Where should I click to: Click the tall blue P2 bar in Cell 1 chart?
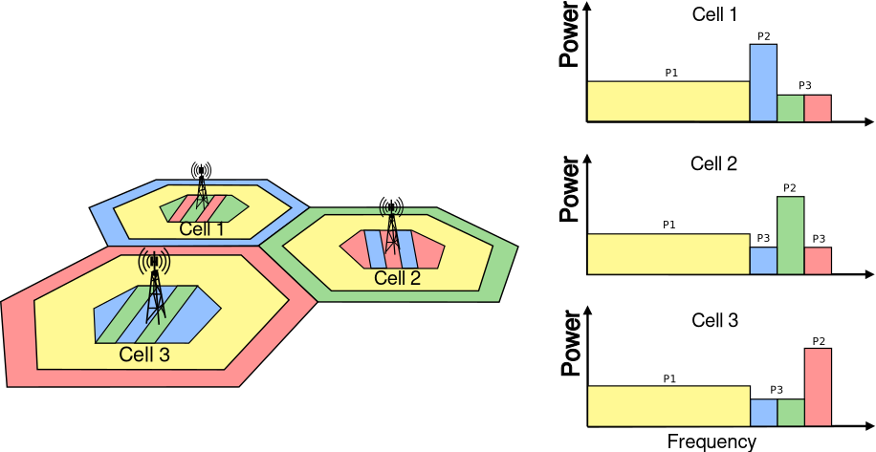coord(762,82)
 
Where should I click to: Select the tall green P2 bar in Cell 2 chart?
coord(790,235)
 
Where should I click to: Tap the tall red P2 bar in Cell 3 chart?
coord(818,387)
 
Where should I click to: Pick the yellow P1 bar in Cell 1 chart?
coord(668,101)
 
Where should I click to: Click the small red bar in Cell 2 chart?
coord(818,261)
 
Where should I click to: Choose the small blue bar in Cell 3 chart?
coord(762,412)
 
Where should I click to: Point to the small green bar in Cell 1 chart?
coord(790,108)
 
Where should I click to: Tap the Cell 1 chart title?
coord(714,15)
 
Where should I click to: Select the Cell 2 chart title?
coord(714,163)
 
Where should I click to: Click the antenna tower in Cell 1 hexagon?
coord(200,186)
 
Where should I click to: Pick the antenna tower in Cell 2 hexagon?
coord(390,234)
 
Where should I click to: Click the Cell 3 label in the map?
coord(144,355)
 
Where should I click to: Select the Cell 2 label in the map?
coord(397,278)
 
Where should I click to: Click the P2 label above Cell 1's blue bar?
coord(763,36)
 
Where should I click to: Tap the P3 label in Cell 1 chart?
coord(804,87)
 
